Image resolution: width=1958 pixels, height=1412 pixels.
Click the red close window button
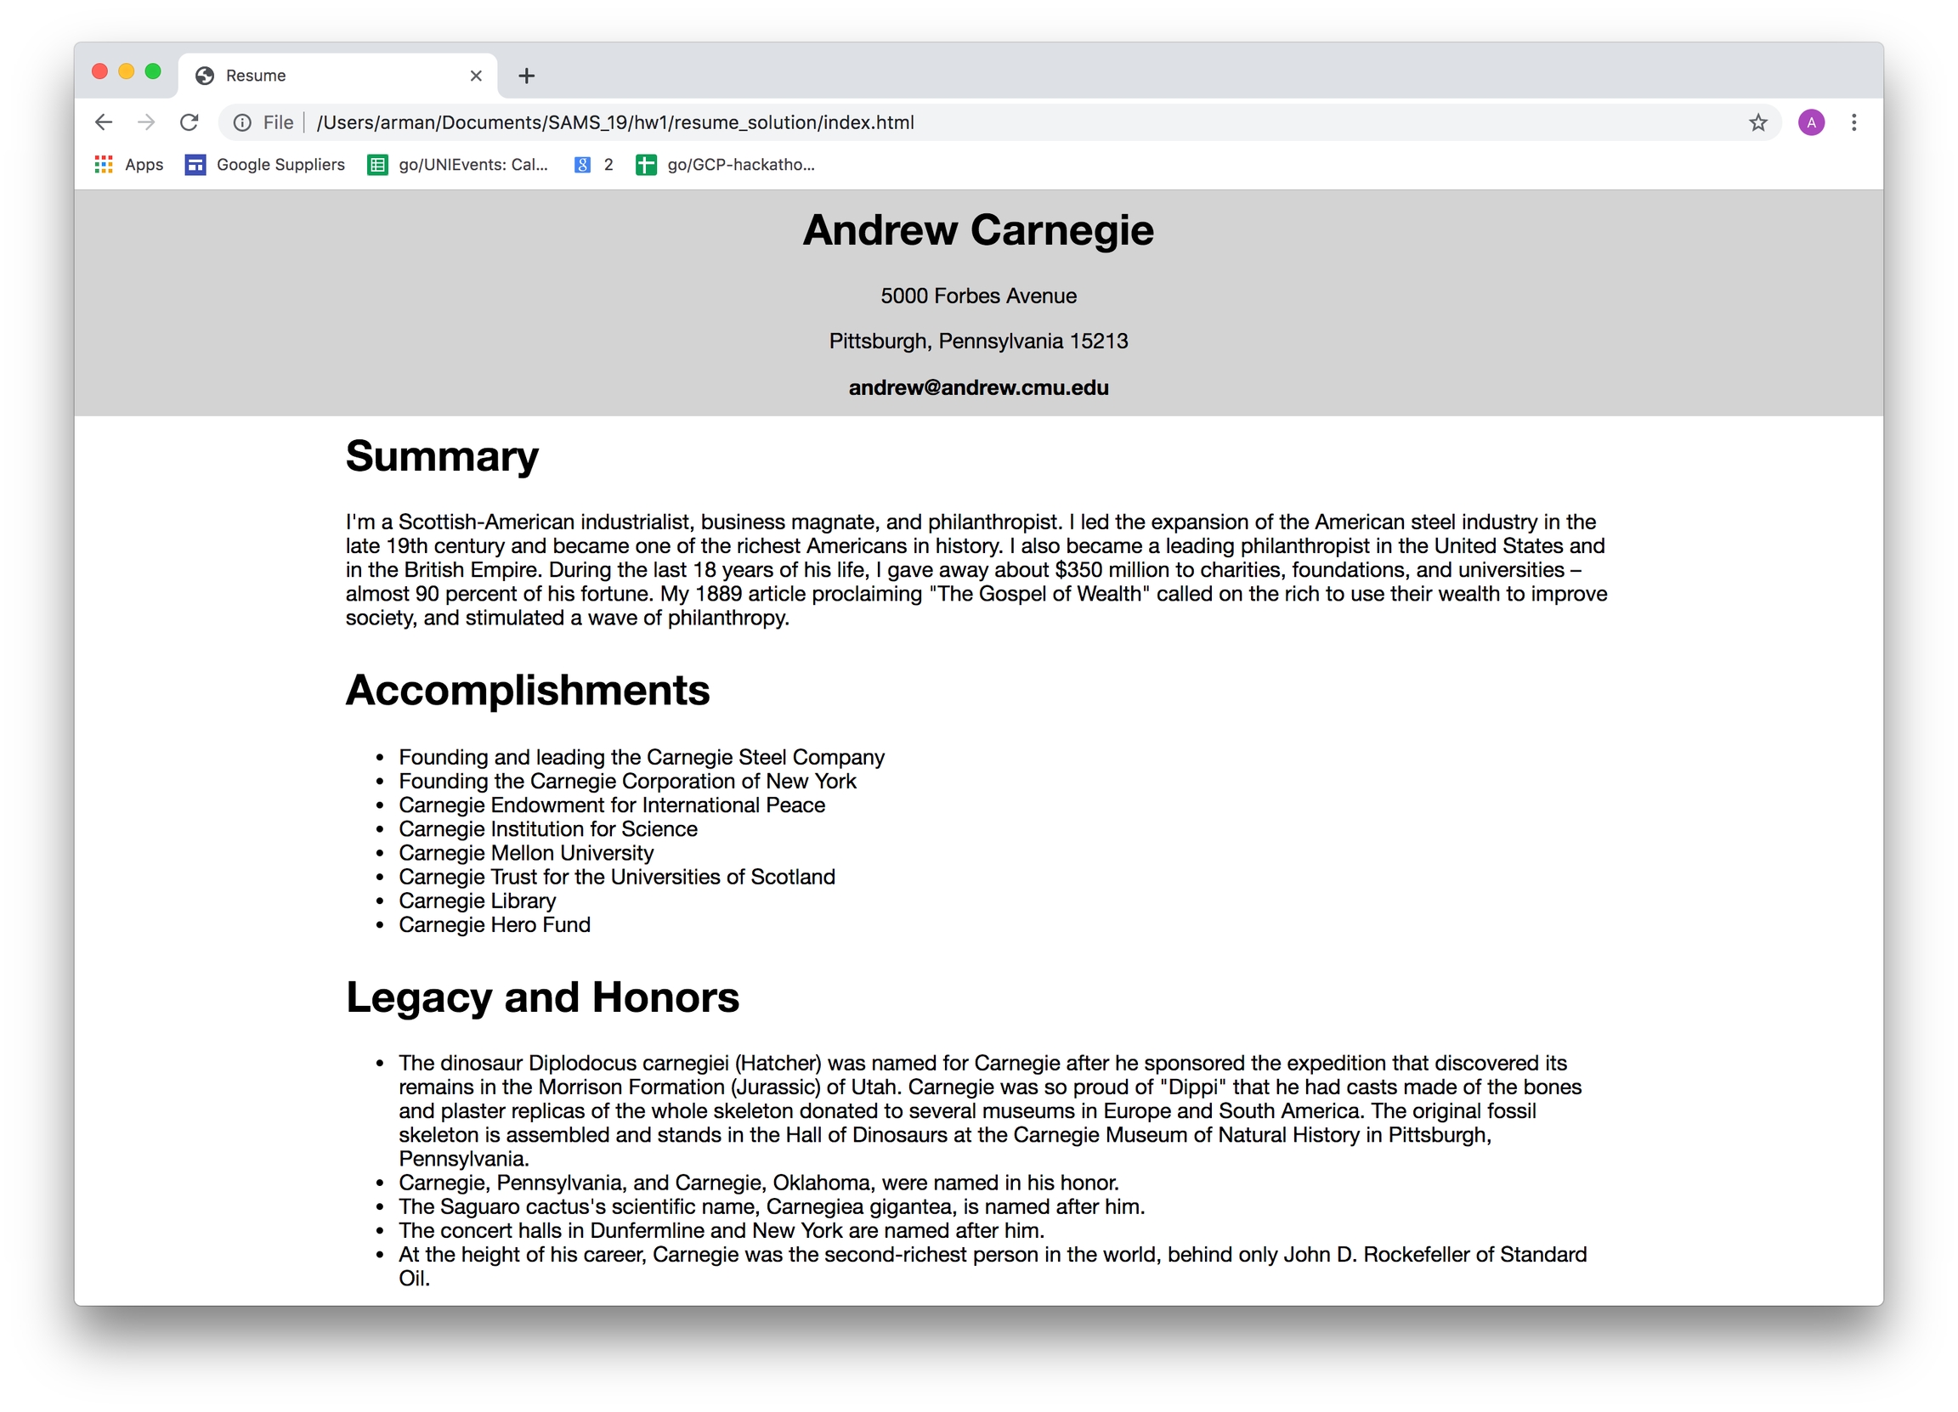tap(100, 71)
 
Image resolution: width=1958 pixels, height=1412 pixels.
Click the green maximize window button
tap(153, 71)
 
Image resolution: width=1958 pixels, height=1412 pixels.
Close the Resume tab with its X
tap(476, 76)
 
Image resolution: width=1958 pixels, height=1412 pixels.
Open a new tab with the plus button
tap(527, 76)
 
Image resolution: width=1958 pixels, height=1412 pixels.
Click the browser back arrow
tap(104, 122)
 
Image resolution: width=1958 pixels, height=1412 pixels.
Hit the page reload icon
tap(189, 122)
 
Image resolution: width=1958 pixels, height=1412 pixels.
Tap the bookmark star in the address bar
tap(1757, 122)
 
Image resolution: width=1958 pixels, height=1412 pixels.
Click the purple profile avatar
tap(1811, 122)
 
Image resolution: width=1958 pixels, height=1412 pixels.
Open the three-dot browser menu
tap(1853, 122)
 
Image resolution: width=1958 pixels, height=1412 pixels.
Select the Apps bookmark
tap(128, 165)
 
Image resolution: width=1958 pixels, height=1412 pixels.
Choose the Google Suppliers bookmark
tap(265, 165)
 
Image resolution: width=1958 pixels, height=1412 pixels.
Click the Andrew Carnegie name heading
tap(978, 230)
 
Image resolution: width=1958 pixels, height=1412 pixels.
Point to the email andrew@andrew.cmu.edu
tap(978, 387)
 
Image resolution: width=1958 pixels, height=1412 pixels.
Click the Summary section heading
tap(442, 455)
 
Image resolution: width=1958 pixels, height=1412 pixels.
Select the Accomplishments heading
tap(528, 691)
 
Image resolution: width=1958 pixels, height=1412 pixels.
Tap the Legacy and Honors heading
tap(542, 997)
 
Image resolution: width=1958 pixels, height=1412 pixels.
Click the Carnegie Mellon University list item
tap(526, 853)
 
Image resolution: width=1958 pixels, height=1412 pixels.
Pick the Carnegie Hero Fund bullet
tap(495, 924)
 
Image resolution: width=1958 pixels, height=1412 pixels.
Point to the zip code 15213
tap(1098, 341)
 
